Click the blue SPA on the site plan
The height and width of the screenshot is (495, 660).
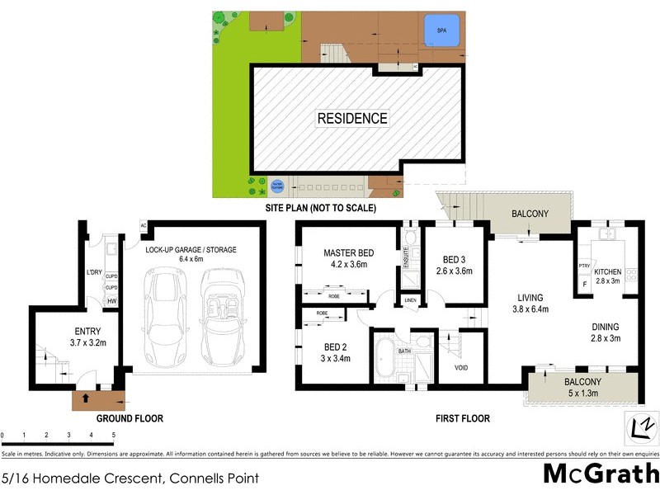[441, 31]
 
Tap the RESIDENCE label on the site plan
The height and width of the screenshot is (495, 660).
[352, 119]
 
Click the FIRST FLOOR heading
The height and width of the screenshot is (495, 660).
[462, 418]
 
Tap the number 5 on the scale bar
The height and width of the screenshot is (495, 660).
[113, 435]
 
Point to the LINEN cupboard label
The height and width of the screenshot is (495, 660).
[410, 301]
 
